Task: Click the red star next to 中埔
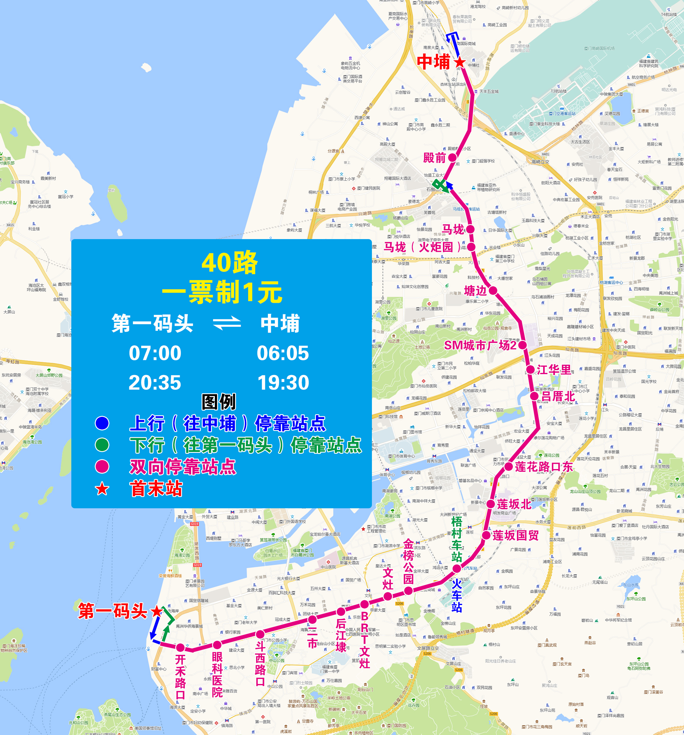coord(459,62)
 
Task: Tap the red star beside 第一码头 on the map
coord(157,611)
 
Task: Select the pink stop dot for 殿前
coord(452,158)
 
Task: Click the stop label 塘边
coord(476,291)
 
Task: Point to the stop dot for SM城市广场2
coord(522,345)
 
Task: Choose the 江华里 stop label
coord(554,369)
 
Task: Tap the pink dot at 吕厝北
coord(534,396)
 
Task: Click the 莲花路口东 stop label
coord(544,467)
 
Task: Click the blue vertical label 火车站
coord(457,596)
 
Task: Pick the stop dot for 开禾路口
coord(180,648)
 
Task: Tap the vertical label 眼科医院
coord(217,675)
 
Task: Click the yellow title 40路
coord(230,263)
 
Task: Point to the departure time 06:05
coord(283,353)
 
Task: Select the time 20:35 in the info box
coord(155,383)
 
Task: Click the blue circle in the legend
coord(102,423)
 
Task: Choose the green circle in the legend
coord(102,445)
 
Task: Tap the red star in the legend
coord(102,489)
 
